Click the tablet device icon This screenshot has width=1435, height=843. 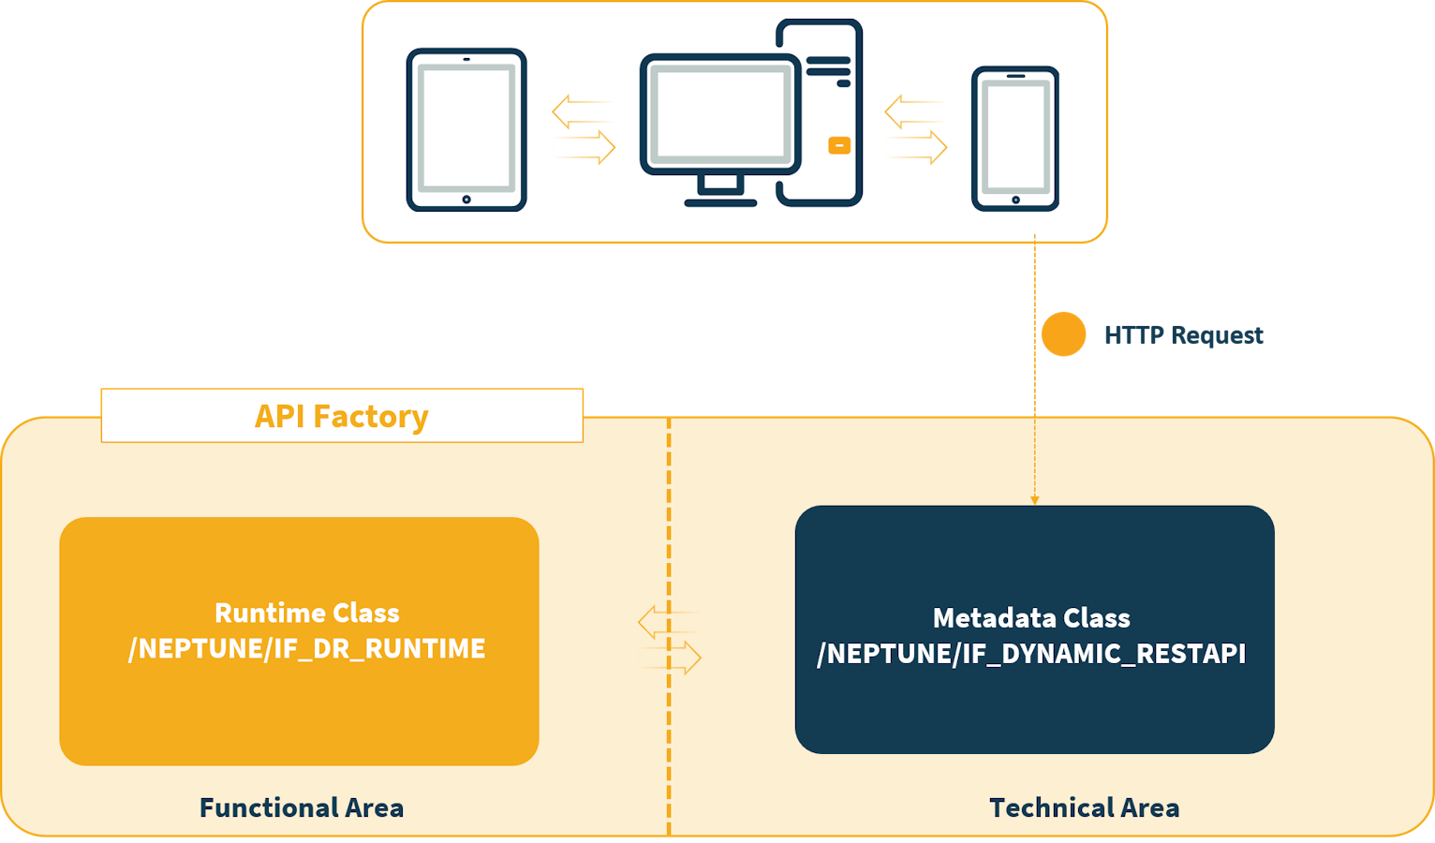coord(466,129)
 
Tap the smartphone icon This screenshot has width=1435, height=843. coord(1015,138)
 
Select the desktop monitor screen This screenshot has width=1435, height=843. coord(720,113)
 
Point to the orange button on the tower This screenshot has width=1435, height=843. coord(839,145)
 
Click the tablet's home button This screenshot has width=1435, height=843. coord(466,200)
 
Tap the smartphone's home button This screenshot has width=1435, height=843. coord(1015,200)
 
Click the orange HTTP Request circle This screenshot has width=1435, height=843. coord(1063,334)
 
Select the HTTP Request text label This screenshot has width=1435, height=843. coord(1183,335)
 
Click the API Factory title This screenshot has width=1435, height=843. coord(342,416)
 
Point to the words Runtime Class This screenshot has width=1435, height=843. coord(307,613)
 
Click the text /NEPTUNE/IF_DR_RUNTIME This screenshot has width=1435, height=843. coord(307,648)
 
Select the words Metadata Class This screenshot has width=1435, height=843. coord(1031,618)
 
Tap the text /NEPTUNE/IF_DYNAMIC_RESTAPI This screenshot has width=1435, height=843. coord(1031,654)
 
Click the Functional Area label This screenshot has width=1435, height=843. coord(302,807)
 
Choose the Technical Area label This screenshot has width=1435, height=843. coord(1084,807)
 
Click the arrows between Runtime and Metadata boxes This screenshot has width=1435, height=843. coord(670,640)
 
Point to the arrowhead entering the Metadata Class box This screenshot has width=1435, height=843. coord(1035,500)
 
